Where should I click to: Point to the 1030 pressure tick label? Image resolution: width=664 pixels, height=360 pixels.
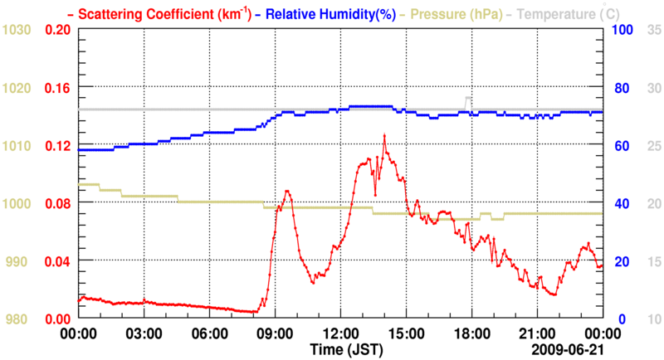click(17, 30)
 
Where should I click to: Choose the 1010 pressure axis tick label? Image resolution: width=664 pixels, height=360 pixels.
click(17, 146)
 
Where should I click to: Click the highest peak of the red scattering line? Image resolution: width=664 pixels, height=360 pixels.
click(384, 135)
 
